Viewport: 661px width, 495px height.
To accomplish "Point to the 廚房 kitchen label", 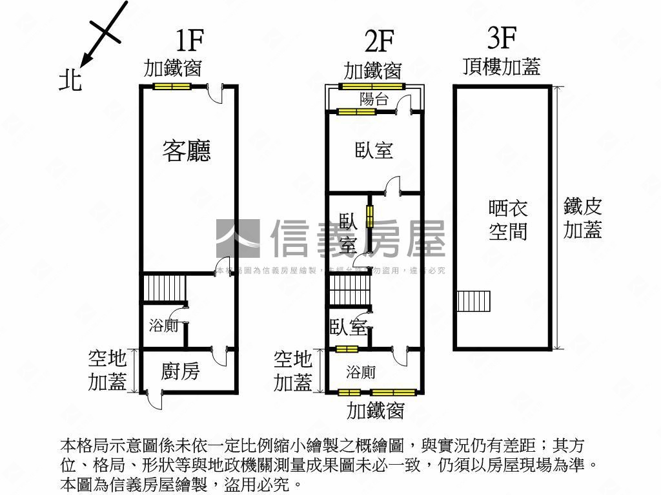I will coord(180,371).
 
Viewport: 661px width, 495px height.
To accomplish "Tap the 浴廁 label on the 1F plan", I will coord(163,326).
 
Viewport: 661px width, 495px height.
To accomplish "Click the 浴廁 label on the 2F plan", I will coord(361,372).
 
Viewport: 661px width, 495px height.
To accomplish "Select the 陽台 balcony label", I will coord(374,99).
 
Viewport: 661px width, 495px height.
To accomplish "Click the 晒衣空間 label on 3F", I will coord(508,220).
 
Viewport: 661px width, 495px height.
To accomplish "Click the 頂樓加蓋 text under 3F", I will coord(502,66).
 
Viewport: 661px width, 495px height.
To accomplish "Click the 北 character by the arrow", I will coord(70,80).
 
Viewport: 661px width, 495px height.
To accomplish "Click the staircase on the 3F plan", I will coord(474,301).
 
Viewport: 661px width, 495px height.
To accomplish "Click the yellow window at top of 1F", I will coord(172,87).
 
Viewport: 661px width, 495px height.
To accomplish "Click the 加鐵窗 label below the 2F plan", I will coord(375,410).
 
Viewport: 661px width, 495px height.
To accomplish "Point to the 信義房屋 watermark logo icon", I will coord(238,238).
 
